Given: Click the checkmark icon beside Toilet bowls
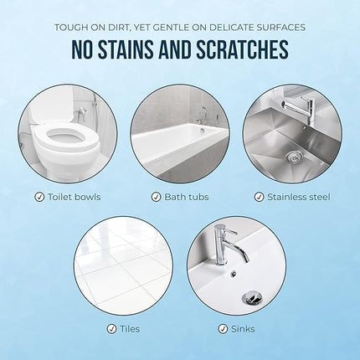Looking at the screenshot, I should pyautogui.click(x=39, y=198).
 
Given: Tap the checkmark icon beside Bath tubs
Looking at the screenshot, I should pyautogui.click(x=156, y=198).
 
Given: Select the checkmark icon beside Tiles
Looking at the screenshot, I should pyautogui.click(x=111, y=329).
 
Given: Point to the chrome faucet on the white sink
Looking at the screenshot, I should pyautogui.click(x=224, y=243).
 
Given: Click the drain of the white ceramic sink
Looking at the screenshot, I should pyautogui.click(x=250, y=297).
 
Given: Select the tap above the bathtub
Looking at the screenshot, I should pyautogui.click(x=203, y=112).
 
